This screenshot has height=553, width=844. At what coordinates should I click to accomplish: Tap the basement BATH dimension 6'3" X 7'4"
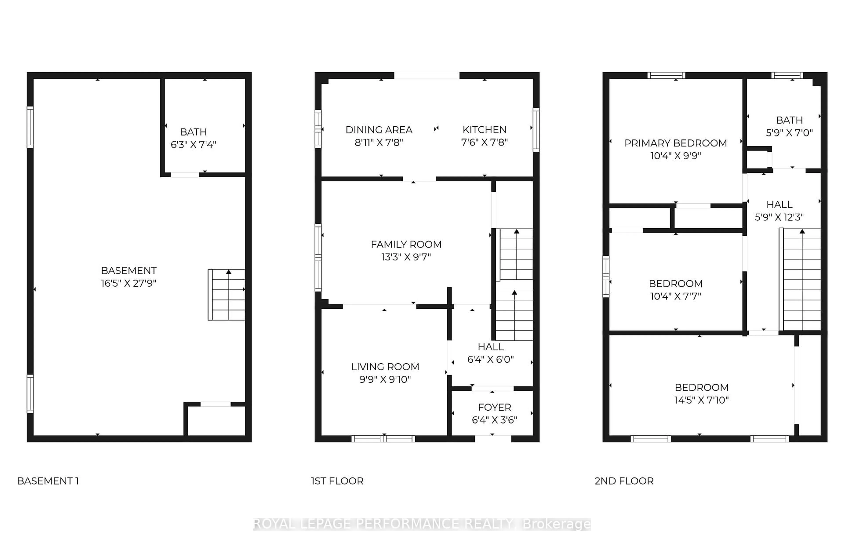(193, 145)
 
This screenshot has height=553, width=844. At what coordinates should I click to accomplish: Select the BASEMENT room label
(129, 271)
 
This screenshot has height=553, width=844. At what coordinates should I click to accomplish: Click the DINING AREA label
(379, 130)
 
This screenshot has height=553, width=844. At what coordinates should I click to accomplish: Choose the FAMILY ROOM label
(406, 244)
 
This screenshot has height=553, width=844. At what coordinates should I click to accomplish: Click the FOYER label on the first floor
(494, 407)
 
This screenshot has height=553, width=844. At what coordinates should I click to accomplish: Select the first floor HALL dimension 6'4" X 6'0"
(490, 359)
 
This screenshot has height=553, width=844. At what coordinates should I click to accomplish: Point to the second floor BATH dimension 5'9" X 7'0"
(789, 133)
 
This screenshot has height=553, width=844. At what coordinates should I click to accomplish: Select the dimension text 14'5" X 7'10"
(701, 400)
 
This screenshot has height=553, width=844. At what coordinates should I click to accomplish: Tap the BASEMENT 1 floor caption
(48, 481)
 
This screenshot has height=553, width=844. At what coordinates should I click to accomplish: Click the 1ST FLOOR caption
(337, 481)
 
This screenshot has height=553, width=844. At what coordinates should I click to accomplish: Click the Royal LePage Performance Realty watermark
(422, 524)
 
